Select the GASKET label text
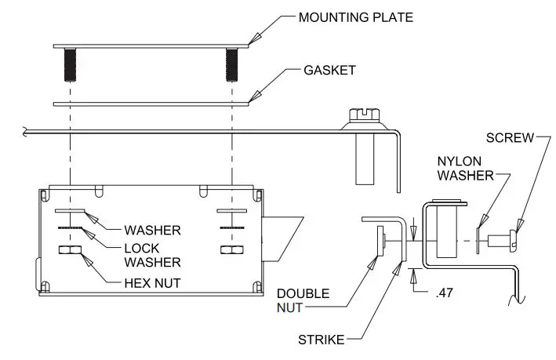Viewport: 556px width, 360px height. pos(329,70)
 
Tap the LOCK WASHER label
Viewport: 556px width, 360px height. pos(153,254)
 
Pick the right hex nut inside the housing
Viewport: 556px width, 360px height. pos(231,251)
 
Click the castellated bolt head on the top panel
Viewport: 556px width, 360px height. pos(362,115)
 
